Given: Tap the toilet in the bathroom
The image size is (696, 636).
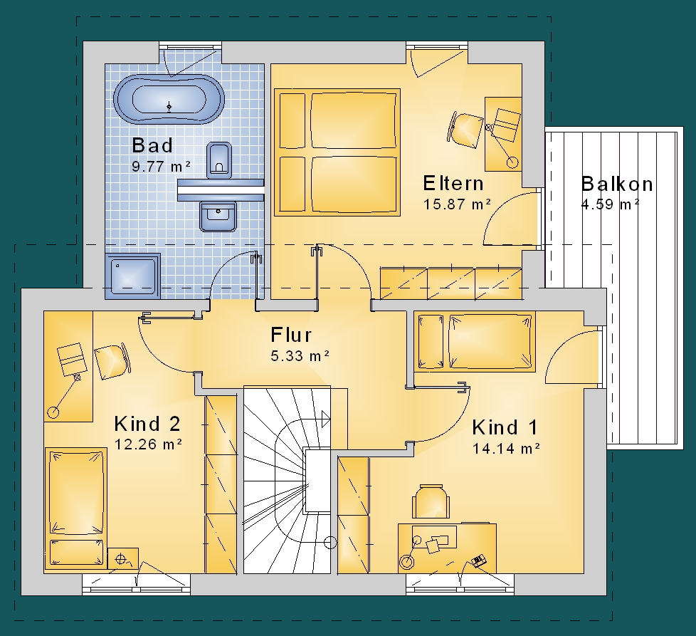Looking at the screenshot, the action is pyautogui.click(x=218, y=160).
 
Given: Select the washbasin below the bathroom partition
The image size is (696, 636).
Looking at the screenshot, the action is pyautogui.click(x=218, y=216).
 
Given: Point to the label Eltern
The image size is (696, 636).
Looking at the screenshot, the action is pyautogui.click(x=453, y=183).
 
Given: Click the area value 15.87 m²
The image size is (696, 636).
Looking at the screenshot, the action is pyautogui.click(x=457, y=204).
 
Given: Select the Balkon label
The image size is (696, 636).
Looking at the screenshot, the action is pyautogui.click(x=616, y=184).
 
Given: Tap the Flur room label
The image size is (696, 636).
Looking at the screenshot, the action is pyautogui.click(x=291, y=335).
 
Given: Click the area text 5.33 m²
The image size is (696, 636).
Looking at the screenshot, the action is pyautogui.click(x=300, y=356).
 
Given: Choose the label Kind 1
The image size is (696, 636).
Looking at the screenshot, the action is pyautogui.click(x=505, y=427).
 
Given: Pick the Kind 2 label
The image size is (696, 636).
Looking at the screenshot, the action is pyautogui.click(x=147, y=424).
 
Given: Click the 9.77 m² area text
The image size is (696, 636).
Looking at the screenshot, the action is pyautogui.click(x=161, y=167).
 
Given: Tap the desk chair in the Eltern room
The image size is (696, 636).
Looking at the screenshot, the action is pyautogui.click(x=464, y=129).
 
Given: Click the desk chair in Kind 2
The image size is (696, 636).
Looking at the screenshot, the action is pyautogui.click(x=112, y=361).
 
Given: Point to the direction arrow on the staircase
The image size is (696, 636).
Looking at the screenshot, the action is pyautogui.click(x=325, y=419).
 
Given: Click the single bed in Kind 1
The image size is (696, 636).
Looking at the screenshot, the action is pyautogui.click(x=475, y=342).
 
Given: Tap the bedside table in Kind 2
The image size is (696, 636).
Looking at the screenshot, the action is pyautogui.click(x=123, y=558).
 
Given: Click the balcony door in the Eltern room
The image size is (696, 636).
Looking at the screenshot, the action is pyautogui.click(x=510, y=219).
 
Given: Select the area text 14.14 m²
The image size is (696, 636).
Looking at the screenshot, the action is pyautogui.click(x=505, y=449).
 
